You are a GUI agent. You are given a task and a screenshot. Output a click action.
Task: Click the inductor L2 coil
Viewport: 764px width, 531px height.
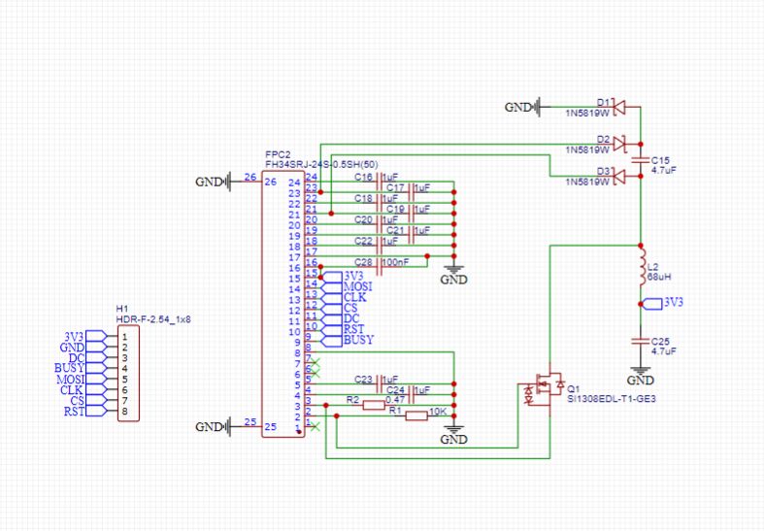[640, 270]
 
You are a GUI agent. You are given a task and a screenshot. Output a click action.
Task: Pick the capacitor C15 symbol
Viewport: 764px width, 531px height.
[640, 158]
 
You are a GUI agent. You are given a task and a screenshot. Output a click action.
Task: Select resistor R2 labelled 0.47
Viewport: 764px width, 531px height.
[374, 406]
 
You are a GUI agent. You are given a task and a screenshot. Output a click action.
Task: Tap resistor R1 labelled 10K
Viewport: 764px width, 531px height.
[415, 415]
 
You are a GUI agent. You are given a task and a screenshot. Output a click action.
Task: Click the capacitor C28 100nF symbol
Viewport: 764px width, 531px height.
[381, 262]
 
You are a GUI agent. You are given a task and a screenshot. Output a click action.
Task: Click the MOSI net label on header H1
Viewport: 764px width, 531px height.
[70, 379]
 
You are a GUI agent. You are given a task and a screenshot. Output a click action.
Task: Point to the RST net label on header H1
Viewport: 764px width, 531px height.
[73, 412]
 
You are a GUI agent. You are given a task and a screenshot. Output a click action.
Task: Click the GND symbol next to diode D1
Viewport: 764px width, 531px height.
[522, 107]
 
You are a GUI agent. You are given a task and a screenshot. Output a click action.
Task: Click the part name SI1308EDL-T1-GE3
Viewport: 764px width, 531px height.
[606, 398]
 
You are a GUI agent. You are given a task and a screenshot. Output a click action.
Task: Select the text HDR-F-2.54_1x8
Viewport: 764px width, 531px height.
[153, 318]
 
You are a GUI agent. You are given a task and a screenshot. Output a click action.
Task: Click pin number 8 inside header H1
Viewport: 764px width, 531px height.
[125, 412]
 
